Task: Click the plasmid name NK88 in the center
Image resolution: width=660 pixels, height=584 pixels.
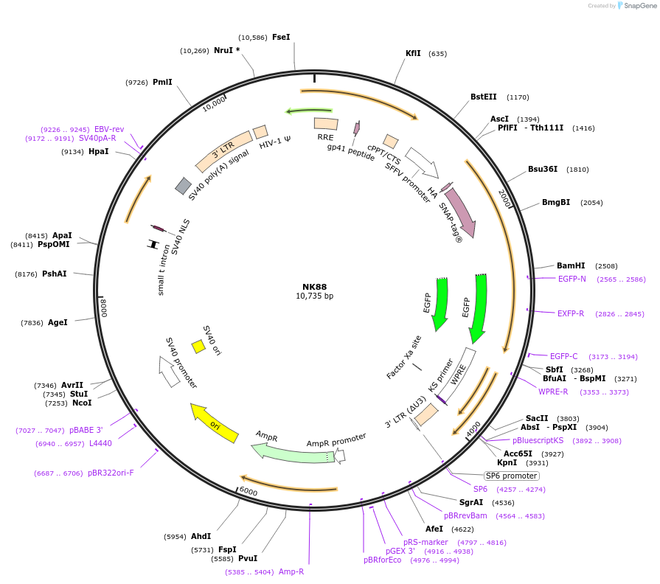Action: click(314, 287)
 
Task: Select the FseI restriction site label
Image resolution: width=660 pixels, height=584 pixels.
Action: click(281, 37)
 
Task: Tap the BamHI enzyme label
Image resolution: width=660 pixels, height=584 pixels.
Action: click(571, 265)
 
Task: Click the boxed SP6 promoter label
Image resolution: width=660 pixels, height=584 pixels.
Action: click(511, 476)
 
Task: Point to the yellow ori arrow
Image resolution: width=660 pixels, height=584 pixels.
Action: click(214, 423)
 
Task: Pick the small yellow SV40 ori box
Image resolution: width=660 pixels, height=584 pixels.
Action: click(198, 346)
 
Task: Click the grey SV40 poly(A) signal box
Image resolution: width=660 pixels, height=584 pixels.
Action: click(184, 186)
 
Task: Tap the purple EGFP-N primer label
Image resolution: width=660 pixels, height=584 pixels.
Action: click(572, 279)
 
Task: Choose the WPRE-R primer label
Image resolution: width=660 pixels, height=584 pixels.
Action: click(553, 392)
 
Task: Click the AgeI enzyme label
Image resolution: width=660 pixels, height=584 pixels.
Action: click(58, 322)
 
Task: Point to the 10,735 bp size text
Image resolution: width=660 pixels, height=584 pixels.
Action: click(314, 296)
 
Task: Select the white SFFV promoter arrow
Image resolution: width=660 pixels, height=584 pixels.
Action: click(422, 162)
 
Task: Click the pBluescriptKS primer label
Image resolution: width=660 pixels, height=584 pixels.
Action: click(538, 440)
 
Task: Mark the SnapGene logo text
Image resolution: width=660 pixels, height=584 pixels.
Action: click(639, 6)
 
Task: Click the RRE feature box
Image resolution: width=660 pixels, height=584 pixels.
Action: click(326, 124)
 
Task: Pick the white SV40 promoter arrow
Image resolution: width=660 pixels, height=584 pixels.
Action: click(170, 370)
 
